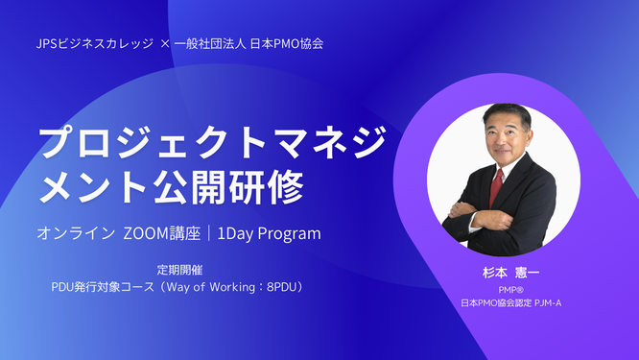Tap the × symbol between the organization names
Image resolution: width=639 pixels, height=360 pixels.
[x=164, y=44]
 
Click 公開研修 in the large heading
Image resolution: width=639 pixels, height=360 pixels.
[x=243, y=182]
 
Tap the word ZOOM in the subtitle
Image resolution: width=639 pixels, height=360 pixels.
[x=150, y=233]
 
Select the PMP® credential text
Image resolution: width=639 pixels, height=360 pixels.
[x=509, y=289]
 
